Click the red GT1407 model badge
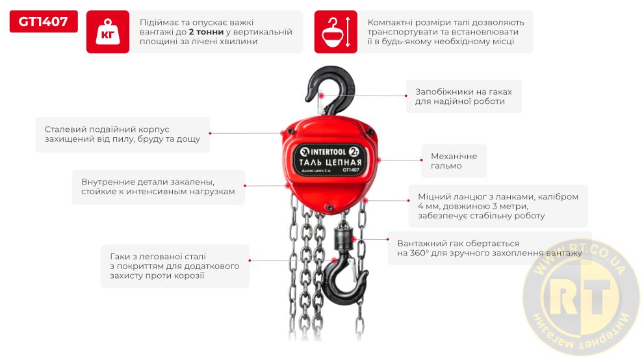tap(44, 21)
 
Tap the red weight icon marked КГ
tap(108, 32)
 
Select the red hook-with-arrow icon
tap(335, 32)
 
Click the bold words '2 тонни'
tap(206, 32)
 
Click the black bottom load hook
tap(345, 283)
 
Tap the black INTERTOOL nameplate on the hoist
tap(329, 160)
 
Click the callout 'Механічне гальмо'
tap(454, 161)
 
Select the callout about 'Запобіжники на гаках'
tap(464, 96)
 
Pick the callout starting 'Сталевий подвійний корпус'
tap(122, 135)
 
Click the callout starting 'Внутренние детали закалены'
tap(158, 186)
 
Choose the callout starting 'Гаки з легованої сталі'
tap(175, 266)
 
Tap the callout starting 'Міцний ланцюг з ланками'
tap(498, 206)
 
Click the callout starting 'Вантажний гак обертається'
tap(489, 248)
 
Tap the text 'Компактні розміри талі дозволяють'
tap(446, 22)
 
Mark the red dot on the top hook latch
tap(322, 96)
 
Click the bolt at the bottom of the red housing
tap(329, 207)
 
